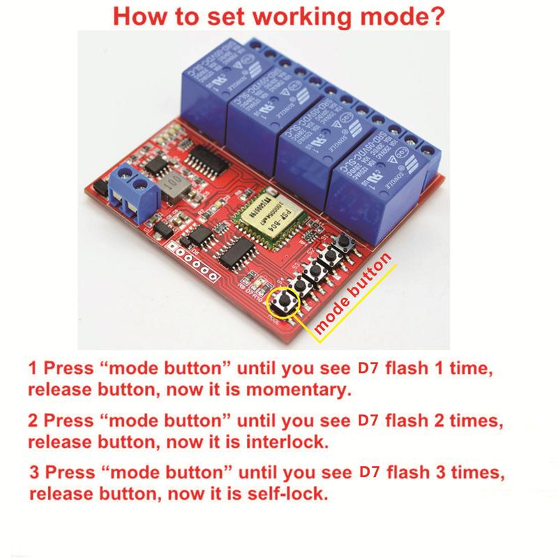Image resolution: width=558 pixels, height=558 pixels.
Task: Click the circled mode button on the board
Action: [x=285, y=301]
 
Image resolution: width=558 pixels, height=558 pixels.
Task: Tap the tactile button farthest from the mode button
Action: [x=343, y=246]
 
